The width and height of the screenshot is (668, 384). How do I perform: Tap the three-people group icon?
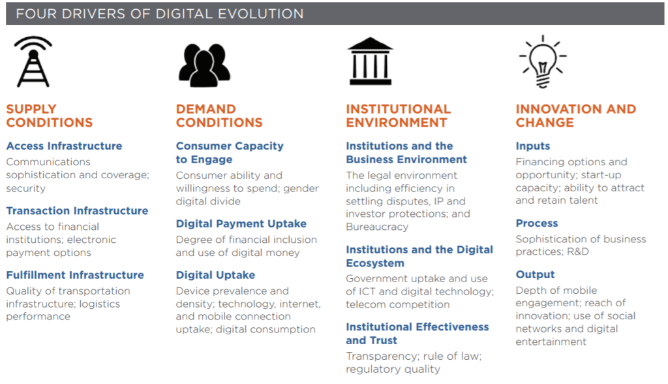[204, 65]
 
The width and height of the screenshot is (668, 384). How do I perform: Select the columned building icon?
[371, 61]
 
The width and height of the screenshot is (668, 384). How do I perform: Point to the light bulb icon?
[542, 61]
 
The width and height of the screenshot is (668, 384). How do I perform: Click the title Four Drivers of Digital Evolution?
[160, 14]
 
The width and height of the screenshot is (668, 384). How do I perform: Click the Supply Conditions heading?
[50, 116]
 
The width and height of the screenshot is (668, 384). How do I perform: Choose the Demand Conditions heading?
[219, 116]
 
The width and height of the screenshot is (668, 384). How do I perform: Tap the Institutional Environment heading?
[399, 116]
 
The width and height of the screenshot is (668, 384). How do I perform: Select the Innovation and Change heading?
[575, 116]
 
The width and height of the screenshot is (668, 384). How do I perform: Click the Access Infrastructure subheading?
[64, 146]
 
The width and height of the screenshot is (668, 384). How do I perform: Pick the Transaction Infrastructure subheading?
[77, 211]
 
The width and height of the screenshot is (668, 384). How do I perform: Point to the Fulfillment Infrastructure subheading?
[75, 275]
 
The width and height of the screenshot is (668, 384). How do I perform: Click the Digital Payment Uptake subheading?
[241, 224]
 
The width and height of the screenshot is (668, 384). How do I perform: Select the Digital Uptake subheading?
[215, 275]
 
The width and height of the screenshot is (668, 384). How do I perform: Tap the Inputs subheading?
[532, 146]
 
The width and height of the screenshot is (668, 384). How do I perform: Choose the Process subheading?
[537, 223]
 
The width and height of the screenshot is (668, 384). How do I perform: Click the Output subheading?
[535, 275]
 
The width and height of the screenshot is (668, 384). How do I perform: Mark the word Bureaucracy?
[377, 227]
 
